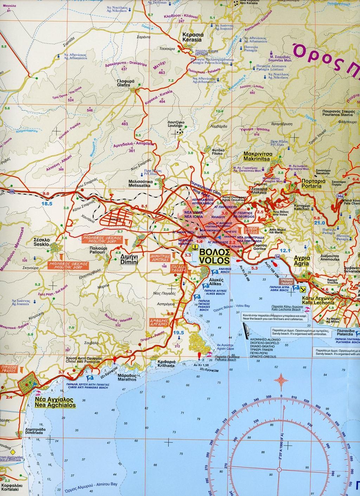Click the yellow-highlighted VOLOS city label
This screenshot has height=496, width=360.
[x=214, y=257]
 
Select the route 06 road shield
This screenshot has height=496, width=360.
[x=12, y=191]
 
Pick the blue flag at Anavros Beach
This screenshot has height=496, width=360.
[x=214, y=271]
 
